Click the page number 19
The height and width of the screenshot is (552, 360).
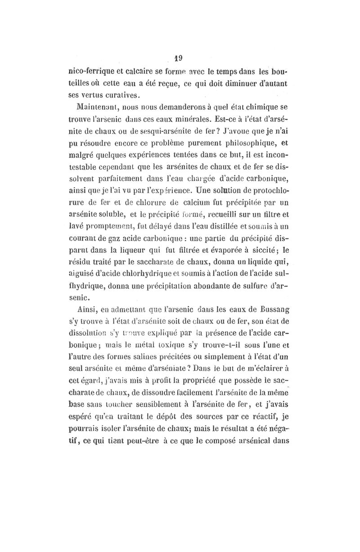click(179, 58)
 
